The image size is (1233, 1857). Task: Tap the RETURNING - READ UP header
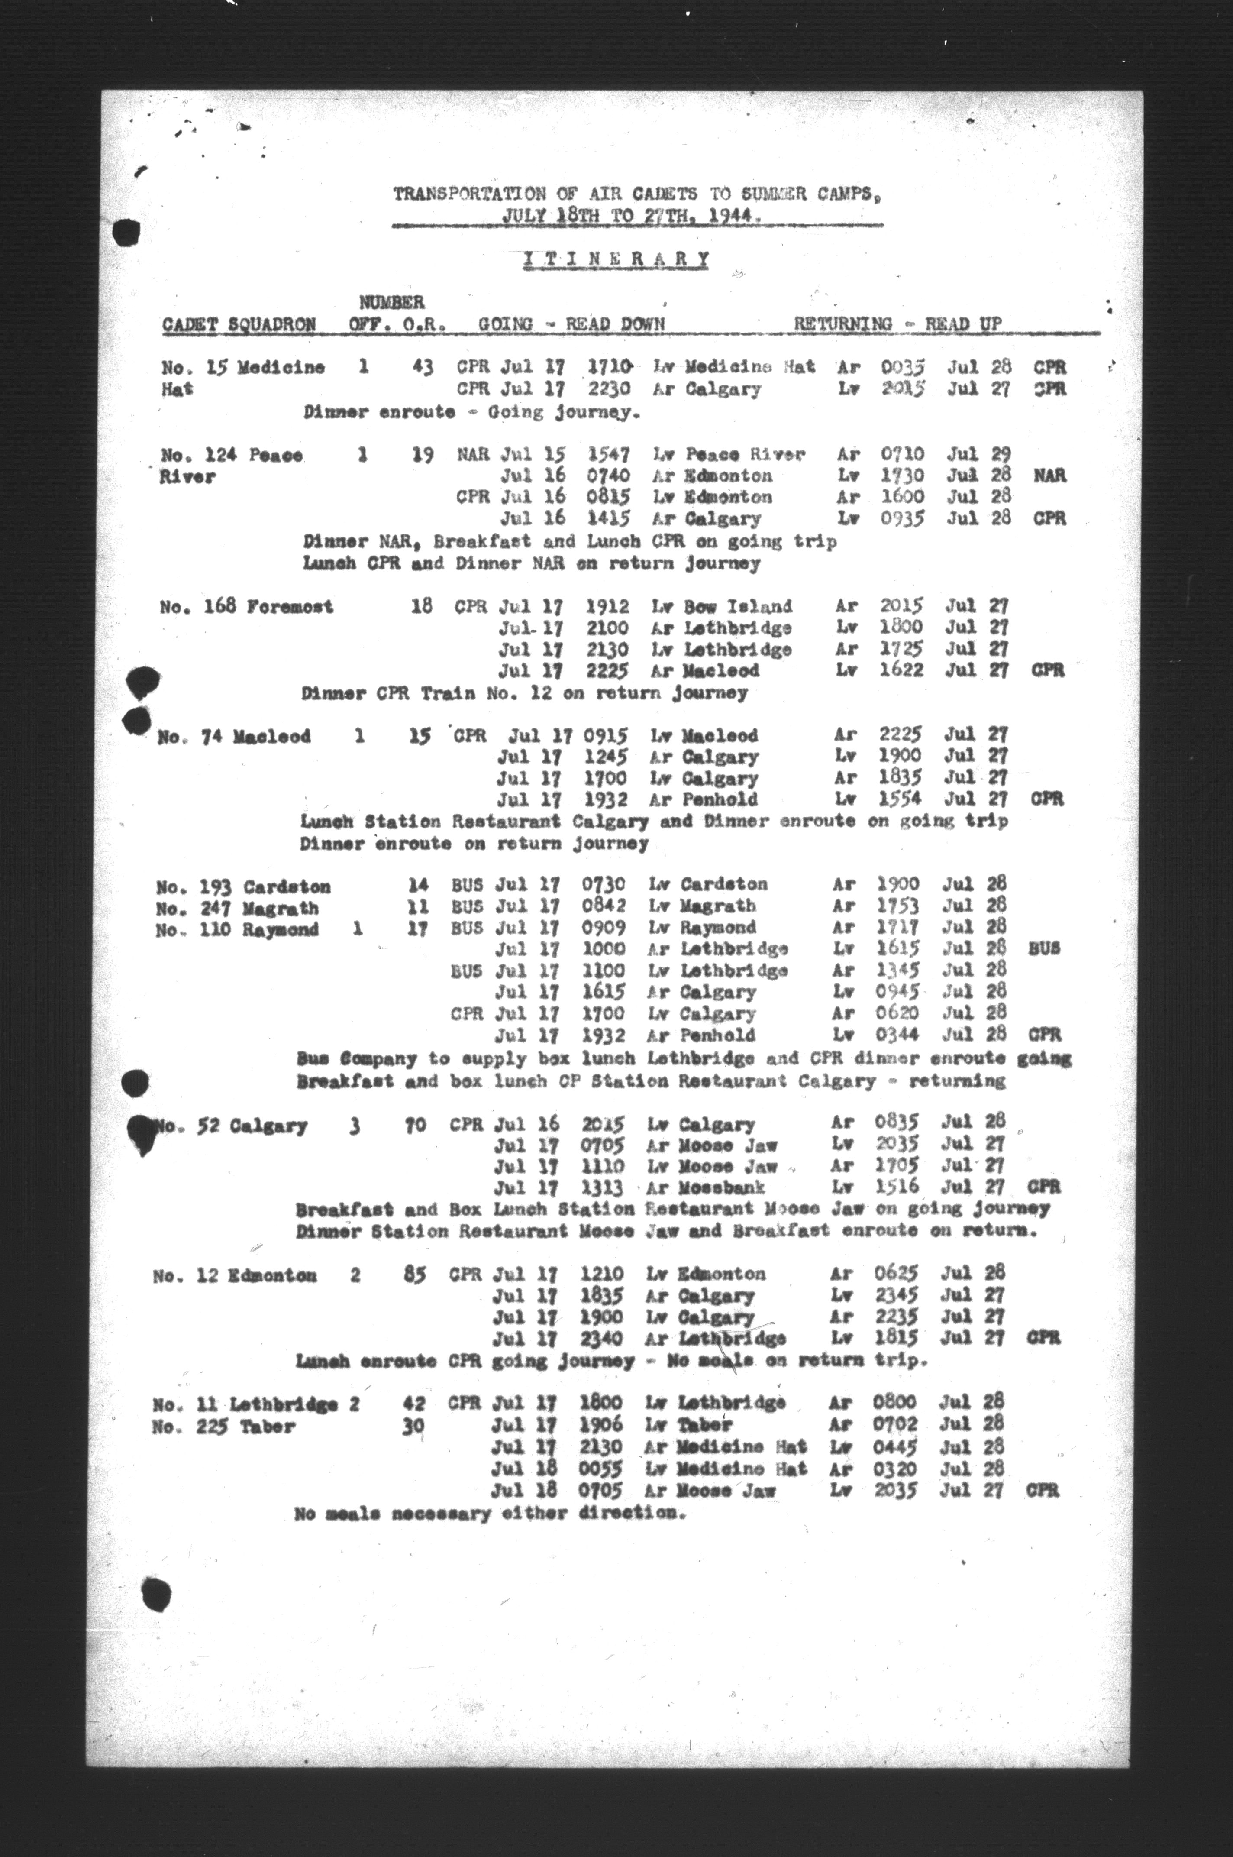pos(897,323)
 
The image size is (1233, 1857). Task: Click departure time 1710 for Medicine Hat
pos(610,366)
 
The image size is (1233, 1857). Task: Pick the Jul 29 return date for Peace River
pos(978,455)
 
